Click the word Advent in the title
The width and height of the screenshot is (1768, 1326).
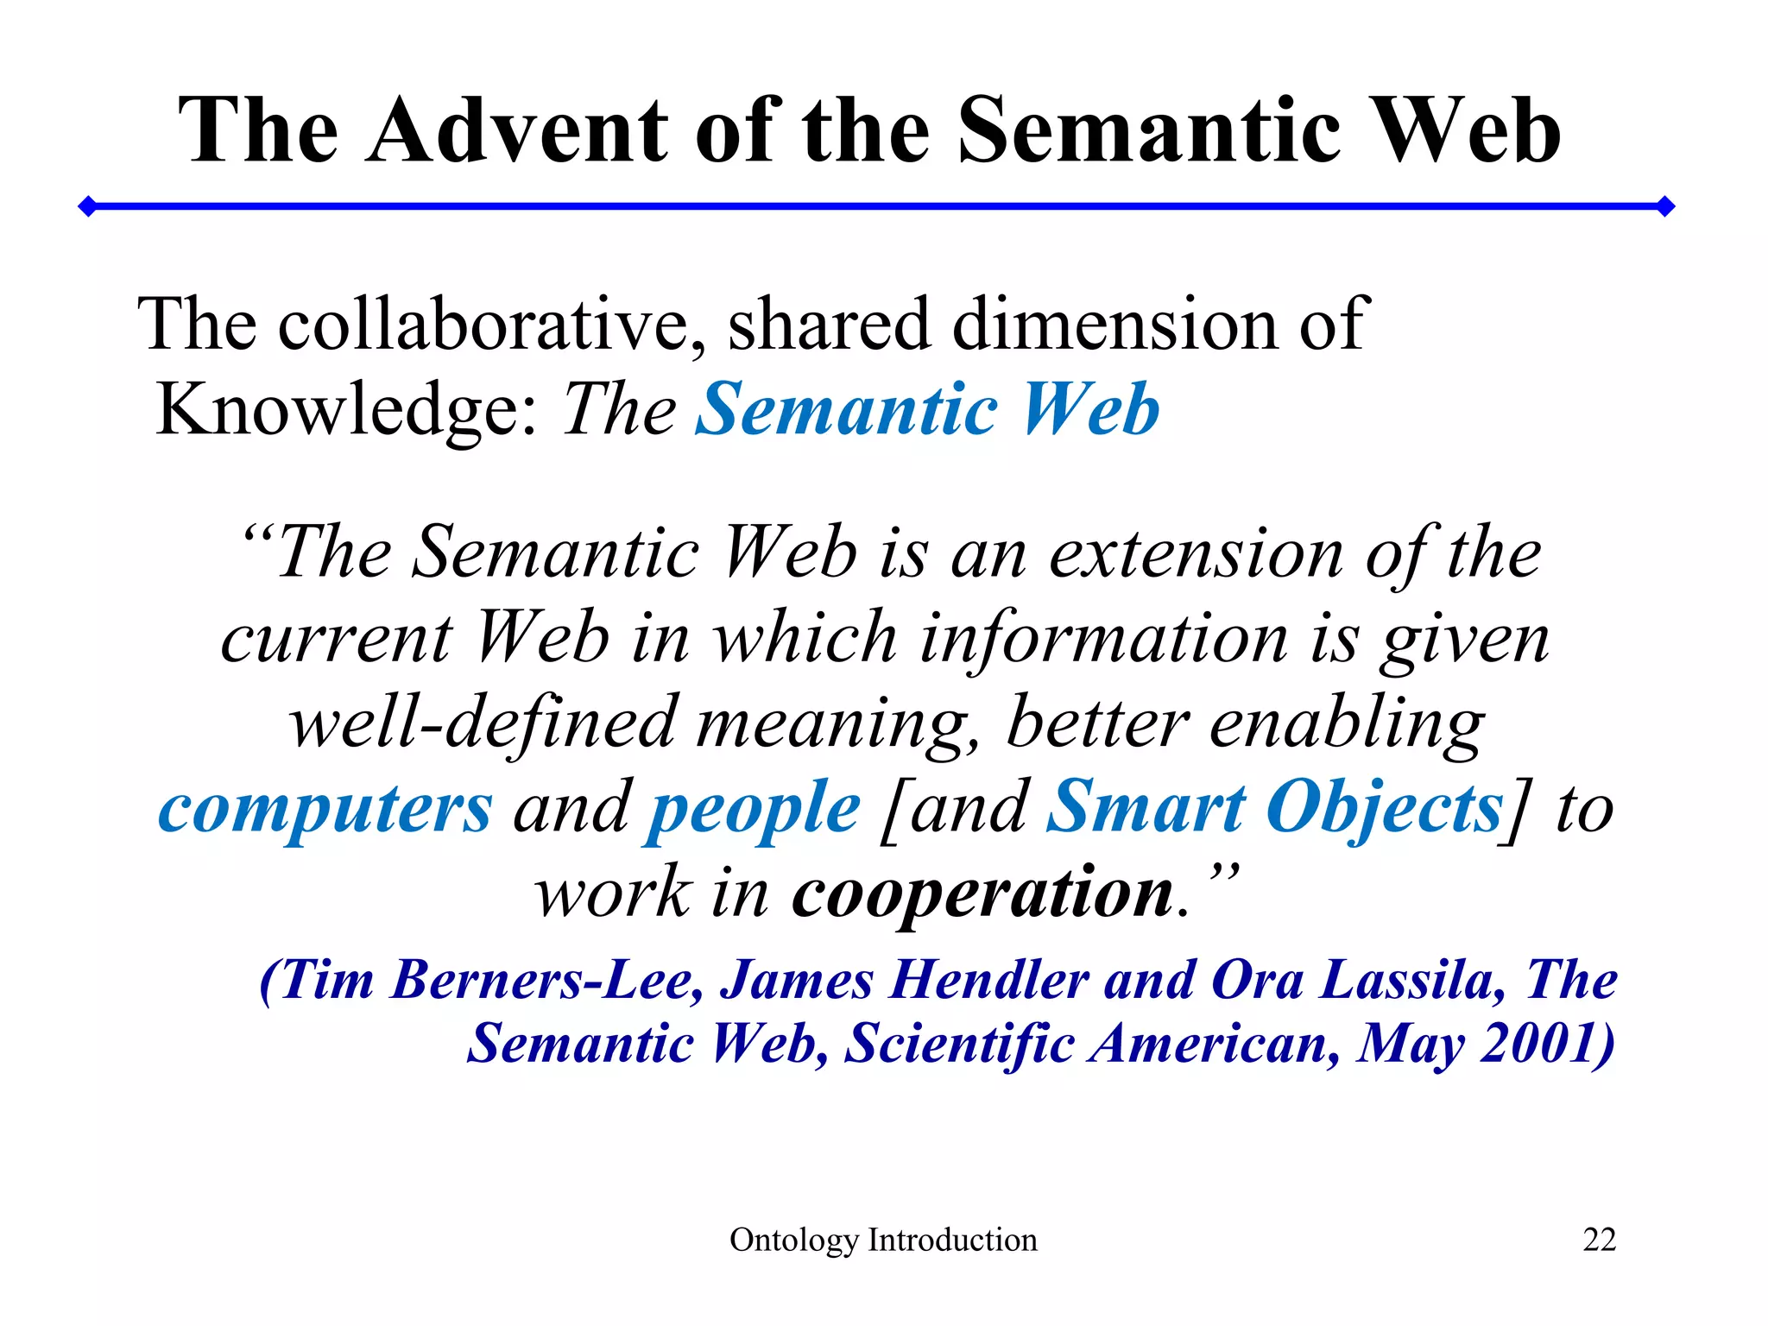click(517, 131)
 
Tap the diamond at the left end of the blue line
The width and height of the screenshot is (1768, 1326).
click(87, 206)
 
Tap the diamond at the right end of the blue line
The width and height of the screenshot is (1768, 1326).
click(1666, 206)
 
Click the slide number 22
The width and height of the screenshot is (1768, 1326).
click(1599, 1240)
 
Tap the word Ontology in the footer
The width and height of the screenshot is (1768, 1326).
click(794, 1241)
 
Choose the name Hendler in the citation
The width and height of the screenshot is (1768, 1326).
click(989, 981)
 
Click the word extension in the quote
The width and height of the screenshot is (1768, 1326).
click(1196, 553)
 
